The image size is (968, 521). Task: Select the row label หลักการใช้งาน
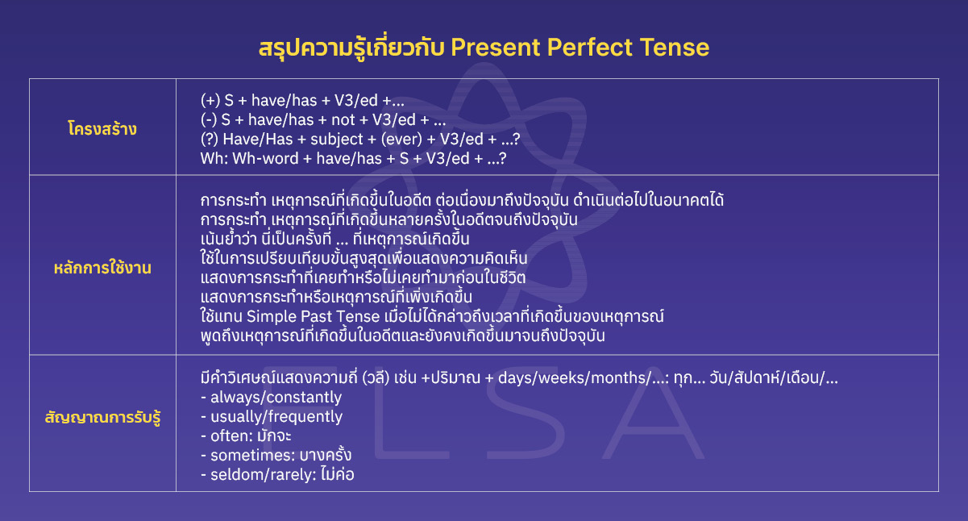102,269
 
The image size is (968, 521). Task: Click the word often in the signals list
228,436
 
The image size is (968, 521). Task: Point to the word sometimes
245,455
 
